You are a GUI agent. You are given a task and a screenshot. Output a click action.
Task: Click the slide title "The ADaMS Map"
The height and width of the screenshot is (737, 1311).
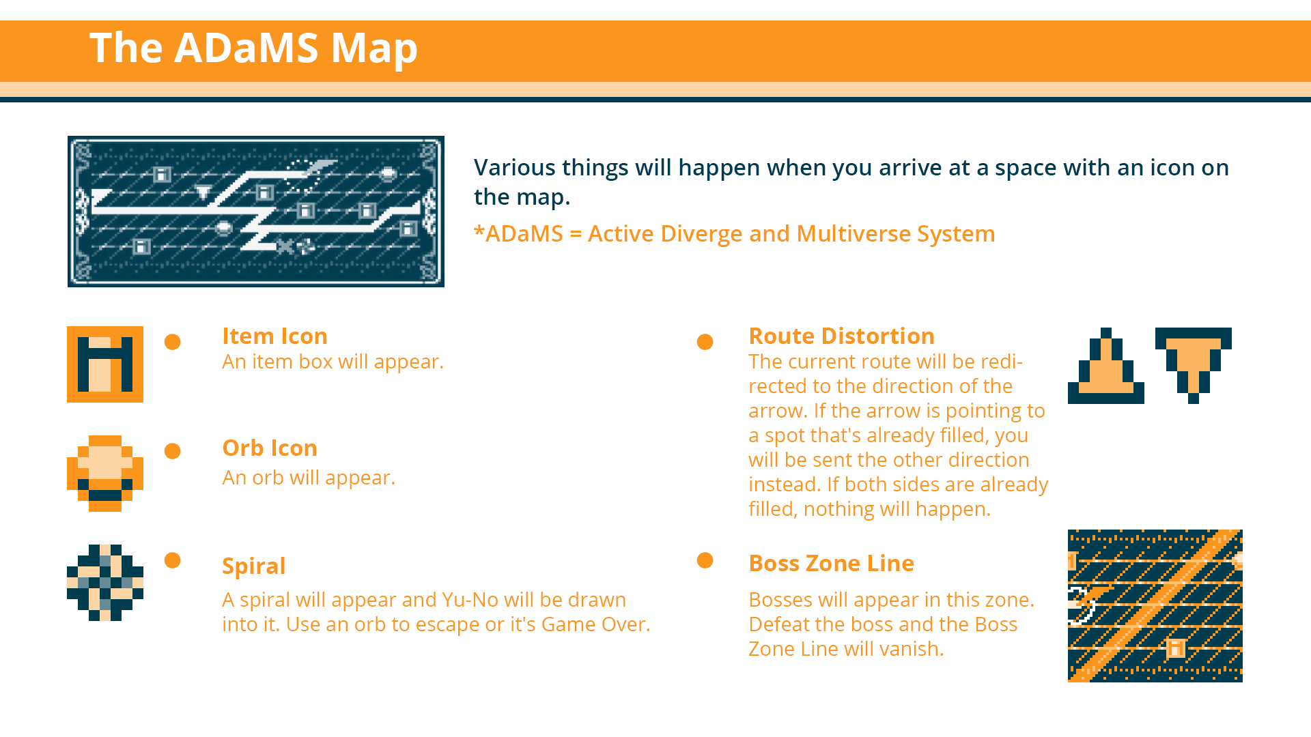(253, 48)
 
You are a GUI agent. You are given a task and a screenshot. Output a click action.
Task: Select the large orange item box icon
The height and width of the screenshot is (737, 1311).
(105, 364)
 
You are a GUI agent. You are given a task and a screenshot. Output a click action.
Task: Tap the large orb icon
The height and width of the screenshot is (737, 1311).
(105, 474)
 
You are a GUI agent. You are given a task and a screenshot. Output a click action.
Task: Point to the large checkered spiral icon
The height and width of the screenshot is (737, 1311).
(105, 583)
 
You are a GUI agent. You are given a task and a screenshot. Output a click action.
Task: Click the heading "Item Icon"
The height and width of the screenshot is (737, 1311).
(274, 336)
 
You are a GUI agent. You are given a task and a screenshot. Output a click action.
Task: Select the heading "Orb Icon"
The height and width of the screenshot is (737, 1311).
(270, 448)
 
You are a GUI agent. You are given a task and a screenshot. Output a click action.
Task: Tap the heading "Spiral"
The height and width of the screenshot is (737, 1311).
(253, 566)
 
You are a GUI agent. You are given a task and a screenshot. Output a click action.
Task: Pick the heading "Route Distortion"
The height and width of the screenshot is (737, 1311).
(841, 336)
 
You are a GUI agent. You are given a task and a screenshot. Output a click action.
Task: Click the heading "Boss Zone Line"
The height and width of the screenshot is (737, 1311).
(831, 563)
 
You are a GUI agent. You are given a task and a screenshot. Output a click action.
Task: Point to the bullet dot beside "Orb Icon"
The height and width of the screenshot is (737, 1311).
(173, 451)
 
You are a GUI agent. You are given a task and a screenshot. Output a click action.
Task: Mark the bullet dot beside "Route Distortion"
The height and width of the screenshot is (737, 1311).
(705, 342)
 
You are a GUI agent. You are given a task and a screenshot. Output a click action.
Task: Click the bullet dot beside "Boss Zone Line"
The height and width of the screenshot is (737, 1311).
(705, 560)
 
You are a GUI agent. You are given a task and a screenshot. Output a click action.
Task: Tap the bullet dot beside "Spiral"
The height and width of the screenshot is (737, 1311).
(173, 560)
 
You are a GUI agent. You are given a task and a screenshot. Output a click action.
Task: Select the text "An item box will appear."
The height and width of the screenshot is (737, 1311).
(333, 362)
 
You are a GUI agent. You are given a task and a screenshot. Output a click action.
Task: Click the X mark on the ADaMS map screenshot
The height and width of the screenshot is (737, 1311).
(285, 246)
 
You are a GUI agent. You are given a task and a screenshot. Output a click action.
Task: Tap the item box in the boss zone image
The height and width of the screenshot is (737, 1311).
(1176, 648)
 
